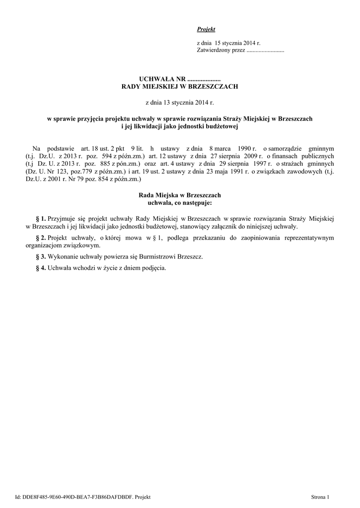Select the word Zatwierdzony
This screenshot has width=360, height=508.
point(213,51)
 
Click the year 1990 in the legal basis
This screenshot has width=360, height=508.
point(241,148)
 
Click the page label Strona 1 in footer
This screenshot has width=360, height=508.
point(320,497)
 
